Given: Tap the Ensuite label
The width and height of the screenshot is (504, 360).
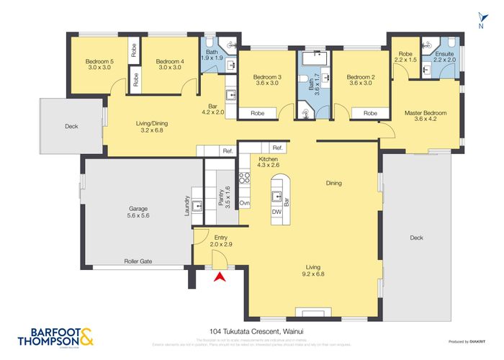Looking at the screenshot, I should tap(443, 55).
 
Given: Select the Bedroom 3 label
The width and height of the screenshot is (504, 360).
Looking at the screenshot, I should tap(266, 81).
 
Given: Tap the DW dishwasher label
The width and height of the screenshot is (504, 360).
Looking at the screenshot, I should tap(276, 212).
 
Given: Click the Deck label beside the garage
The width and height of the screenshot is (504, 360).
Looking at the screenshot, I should tap(71, 127).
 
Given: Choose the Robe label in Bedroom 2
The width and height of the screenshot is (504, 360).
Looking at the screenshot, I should tap(370, 113).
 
